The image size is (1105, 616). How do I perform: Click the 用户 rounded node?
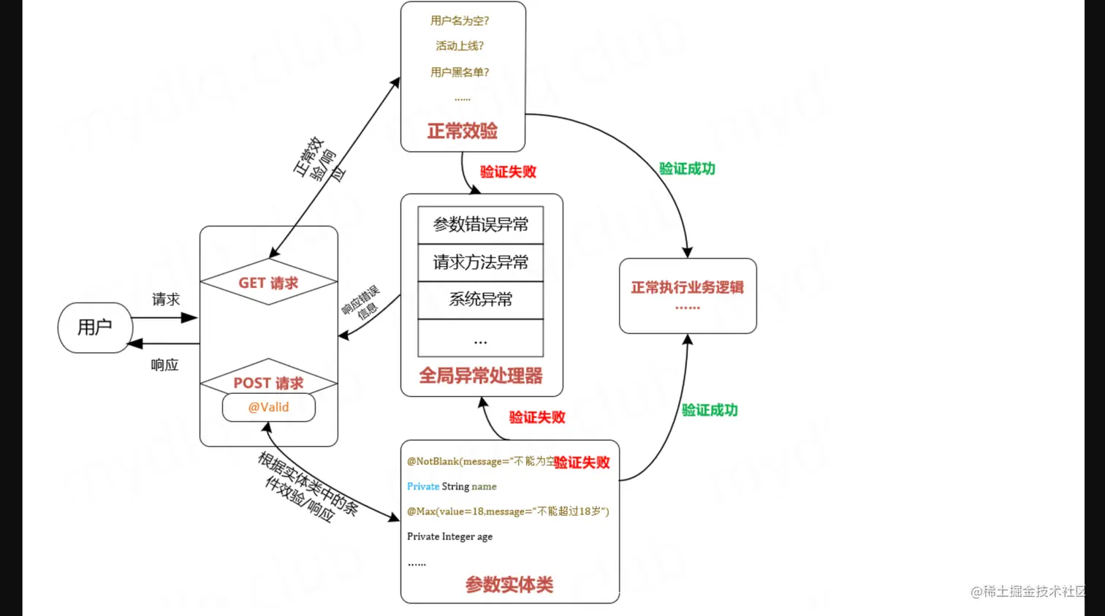click(x=95, y=327)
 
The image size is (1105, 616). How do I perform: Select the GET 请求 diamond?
click(x=268, y=283)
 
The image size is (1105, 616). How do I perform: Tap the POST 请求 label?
click(x=268, y=383)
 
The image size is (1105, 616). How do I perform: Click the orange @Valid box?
click(x=269, y=408)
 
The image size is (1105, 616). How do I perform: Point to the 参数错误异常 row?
click(x=480, y=225)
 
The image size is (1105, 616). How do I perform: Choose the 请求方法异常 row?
click(x=480, y=262)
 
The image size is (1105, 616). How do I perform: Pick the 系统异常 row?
click(x=480, y=300)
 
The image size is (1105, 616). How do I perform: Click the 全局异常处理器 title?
click(x=480, y=376)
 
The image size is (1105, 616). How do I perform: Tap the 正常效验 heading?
click(x=462, y=132)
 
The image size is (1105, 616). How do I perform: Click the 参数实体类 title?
click(x=509, y=585)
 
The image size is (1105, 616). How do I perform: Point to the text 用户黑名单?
click(x=460, y=72)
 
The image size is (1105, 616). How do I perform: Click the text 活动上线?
click(x=460, y=46)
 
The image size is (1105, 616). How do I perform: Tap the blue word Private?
click(x=423, y=487)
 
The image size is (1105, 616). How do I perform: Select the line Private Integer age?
click(x=449, y=536)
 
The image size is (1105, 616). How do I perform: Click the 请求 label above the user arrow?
click(x=166, y=300)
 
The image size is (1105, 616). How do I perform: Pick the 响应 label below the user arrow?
click(x=164, y=365)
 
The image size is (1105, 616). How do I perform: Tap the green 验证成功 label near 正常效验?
click(x=687, y=169)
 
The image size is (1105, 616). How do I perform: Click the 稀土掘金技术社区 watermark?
click(x=1028, y=592)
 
